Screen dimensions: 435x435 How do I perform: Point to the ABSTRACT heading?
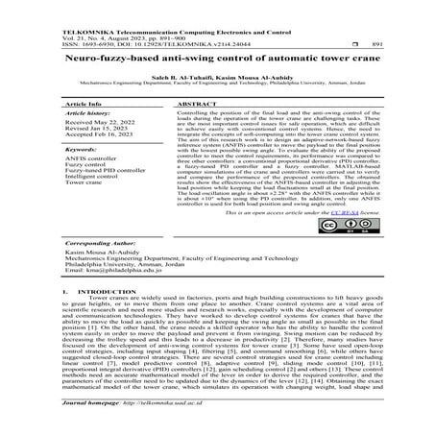coord(197,101)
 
